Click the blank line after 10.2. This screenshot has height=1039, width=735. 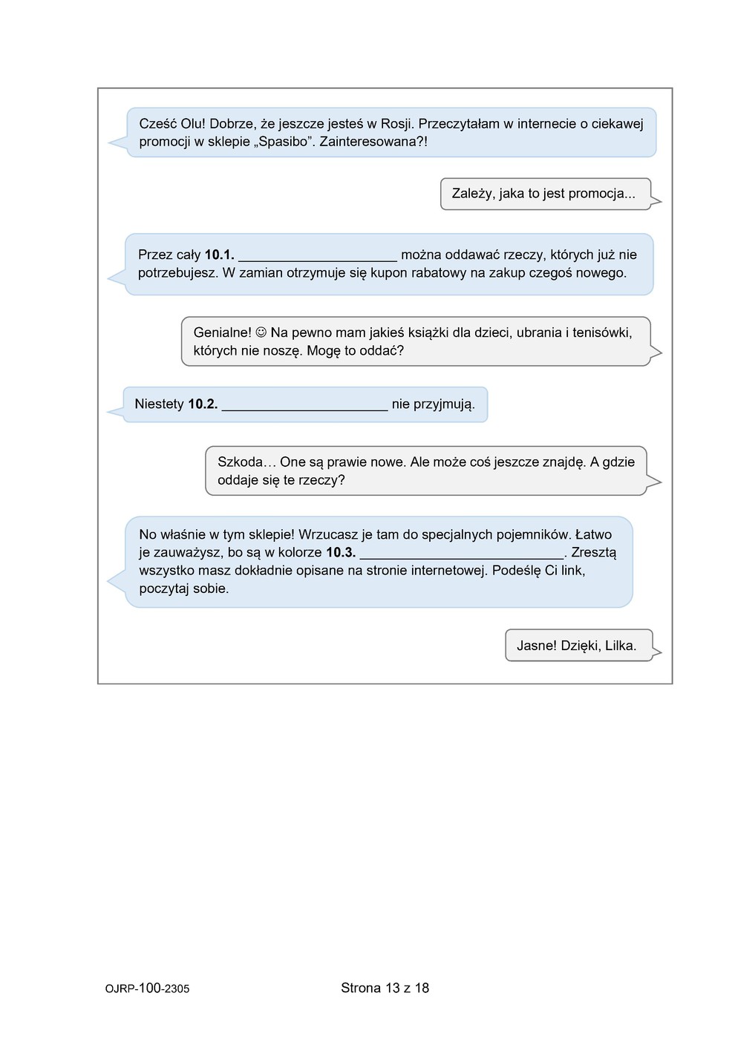[304, 407]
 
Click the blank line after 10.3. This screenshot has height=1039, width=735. [462, 555]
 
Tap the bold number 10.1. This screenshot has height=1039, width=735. [219, 255]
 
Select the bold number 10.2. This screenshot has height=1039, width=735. [203, 404]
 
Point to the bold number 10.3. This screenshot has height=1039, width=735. [341, 552]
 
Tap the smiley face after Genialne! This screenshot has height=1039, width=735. [261, 332]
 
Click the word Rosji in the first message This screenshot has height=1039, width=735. [396, 124]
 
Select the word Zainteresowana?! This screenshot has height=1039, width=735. [373, 142]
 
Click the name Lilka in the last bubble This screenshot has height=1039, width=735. [621, 646]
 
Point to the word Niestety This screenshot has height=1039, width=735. [159, 404]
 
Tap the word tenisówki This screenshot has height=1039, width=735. [598, 332]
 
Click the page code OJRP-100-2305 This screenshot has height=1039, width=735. [147, 989]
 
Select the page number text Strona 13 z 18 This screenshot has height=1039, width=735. [385, 988]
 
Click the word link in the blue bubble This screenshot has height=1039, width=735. [570, 571]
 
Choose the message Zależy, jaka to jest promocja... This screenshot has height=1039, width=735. [543, 194]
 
